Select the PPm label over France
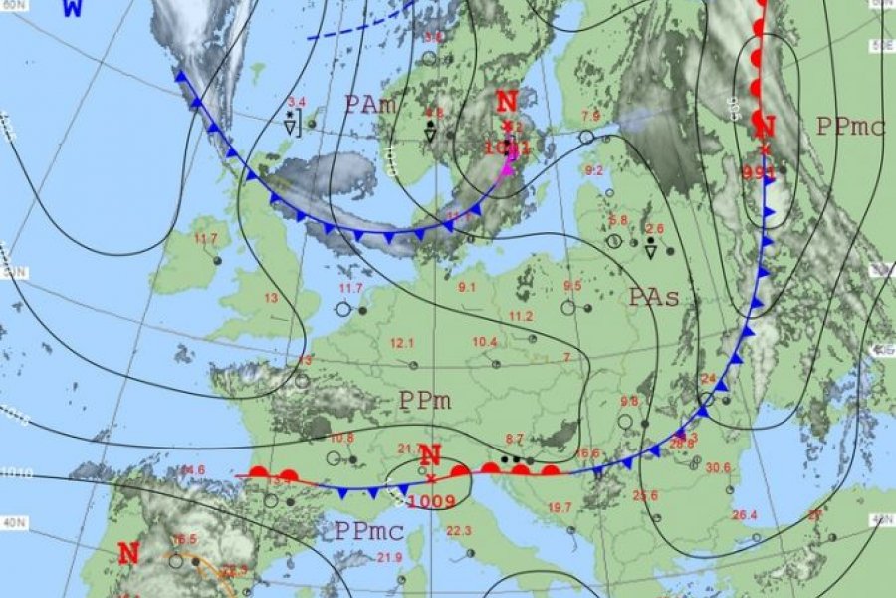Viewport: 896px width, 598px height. pyautogui.click(x=425, y=401)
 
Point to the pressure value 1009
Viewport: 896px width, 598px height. pyautogui.click(x=438, y=501)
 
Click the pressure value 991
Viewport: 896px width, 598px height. pyautogui.click(x=760, y=171)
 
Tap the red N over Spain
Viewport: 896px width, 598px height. pyautogui.click(x=128, y=554)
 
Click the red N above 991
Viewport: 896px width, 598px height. pyautogui.click(x=765, y=127)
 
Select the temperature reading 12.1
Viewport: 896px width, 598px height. pyautogui.click(x=402, y=343)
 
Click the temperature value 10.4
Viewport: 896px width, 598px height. pyautogui.click(x=485, y=342)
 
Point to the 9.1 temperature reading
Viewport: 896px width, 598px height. pyautogui.click(x=467, y=288)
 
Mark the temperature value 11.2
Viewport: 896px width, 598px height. pyautogui.click(x=521, y=316)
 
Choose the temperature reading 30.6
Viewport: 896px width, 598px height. pyautogui.click(x=717, y=467)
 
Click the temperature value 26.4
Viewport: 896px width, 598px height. pyautogui.click(x=744, y=514)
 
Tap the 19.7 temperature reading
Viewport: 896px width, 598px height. pyautogui.click(x=560, y=507)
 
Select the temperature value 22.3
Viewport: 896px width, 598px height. pyautogui.click(x=461, y=530)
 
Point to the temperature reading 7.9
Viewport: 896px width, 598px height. pyautogui.click(x=591, y=117)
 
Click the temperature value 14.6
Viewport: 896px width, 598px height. pyautogui.click(x=192, y=470)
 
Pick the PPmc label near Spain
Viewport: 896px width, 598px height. pyautogui.click(x=368, y=529)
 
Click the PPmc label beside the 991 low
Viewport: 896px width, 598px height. pyautogui.click(x=850, y=127)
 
